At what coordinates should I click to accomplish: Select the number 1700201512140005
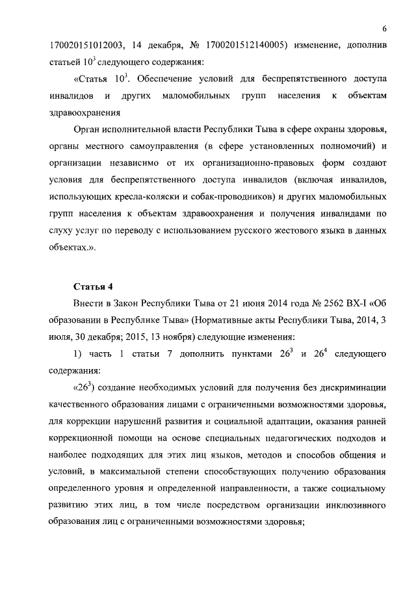coord(246,46)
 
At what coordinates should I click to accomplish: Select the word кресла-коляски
coord(161,197)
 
